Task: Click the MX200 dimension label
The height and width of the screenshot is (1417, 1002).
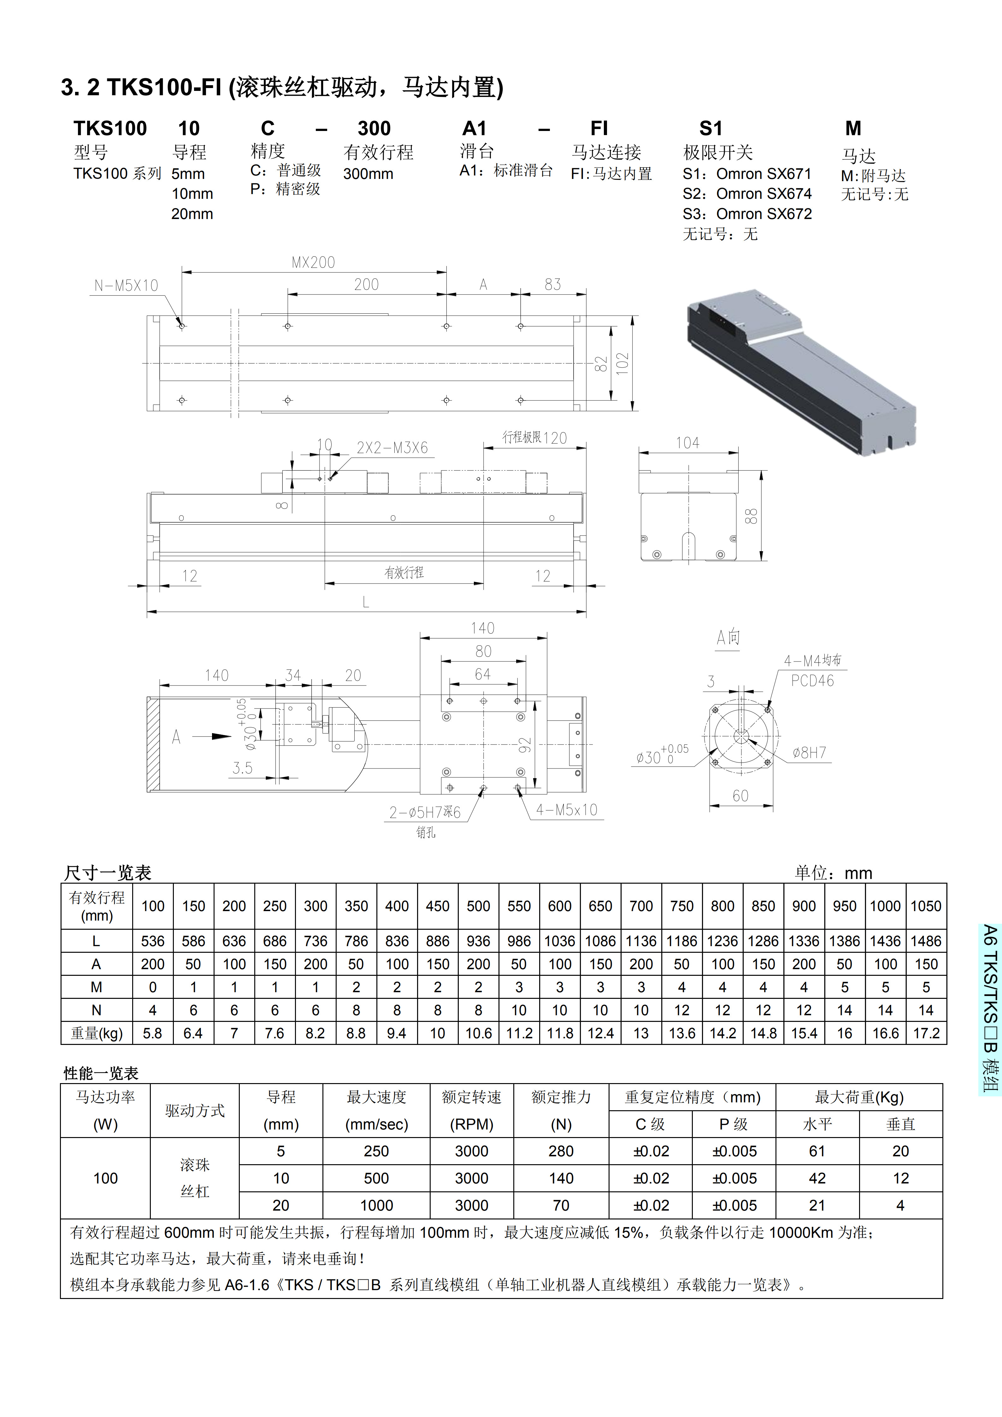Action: click(x=313, y=262)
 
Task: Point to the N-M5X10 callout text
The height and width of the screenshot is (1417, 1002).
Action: click(x=126, y=286)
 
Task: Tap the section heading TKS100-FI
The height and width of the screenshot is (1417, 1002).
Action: click(x=282, y=88)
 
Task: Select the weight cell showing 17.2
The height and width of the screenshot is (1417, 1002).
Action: click(x=926, y=1033)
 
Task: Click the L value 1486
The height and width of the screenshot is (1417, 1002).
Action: click(x=926, y=941)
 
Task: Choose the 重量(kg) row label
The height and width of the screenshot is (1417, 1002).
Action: click(x=96, y=1033)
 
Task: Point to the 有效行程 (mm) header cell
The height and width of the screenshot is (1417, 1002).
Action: click(x=96, y=906)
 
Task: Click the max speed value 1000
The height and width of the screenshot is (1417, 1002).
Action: click(x=376, y=1205)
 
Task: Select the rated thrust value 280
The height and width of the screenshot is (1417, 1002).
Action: click(x=561, y=1151)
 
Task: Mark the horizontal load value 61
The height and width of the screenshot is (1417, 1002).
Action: click(x=817, y=1151)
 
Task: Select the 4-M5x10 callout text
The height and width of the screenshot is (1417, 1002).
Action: click(x=566, y=810)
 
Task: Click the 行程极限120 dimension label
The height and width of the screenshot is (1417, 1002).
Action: click(x=534, y=438)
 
